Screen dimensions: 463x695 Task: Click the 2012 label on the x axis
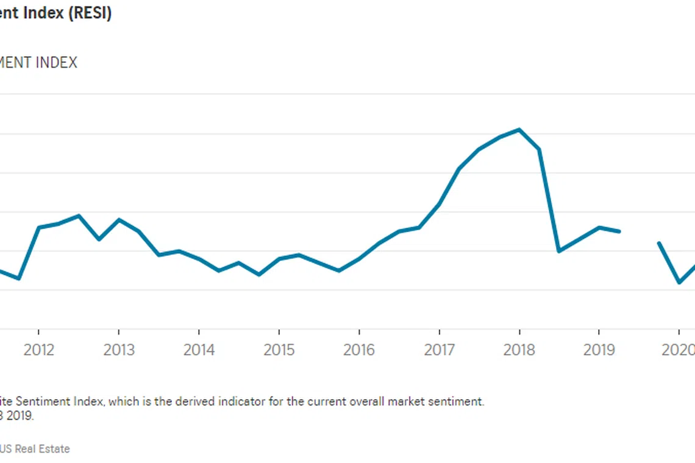(38, 350)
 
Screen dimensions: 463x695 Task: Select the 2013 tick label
(118, 350)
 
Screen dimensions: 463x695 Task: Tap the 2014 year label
(199, 350)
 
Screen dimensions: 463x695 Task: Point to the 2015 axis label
(279, 350)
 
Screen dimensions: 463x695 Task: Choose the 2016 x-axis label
(359, 350)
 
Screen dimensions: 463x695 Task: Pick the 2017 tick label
(439, 350)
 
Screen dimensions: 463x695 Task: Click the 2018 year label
(519, 350)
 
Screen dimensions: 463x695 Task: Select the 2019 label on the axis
(599, 350)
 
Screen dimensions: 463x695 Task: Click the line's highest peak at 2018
(519, 129)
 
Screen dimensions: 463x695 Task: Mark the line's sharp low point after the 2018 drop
(558, 251)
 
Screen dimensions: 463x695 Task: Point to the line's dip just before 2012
(19, 278)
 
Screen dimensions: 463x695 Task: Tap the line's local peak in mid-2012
(79, 216)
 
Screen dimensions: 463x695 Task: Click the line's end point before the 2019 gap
(619, 231)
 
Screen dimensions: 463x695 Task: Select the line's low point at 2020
(679, 283)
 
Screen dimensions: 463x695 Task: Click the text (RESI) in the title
(90, 13)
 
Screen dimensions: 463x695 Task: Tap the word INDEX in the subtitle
(57, 62)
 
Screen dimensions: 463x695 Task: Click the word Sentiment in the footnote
(46, 402)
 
